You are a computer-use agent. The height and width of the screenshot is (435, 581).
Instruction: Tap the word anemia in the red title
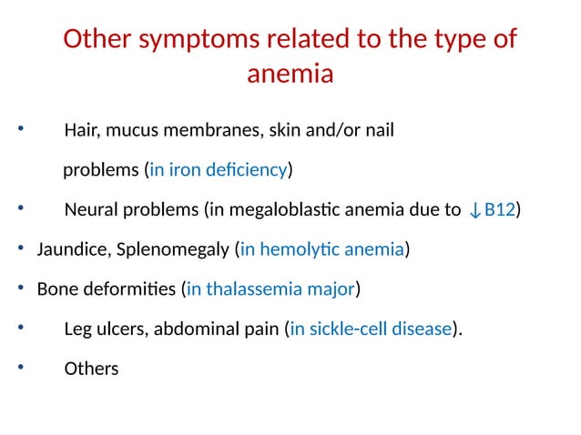click(290, 74)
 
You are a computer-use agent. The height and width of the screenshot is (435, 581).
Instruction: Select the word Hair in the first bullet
click(82, 130)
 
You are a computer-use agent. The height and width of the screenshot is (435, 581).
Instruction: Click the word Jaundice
click(68, 250)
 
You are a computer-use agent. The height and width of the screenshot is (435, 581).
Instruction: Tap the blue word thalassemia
click(250, 290)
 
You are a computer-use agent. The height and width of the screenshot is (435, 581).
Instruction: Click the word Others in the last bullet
click(91, 370)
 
